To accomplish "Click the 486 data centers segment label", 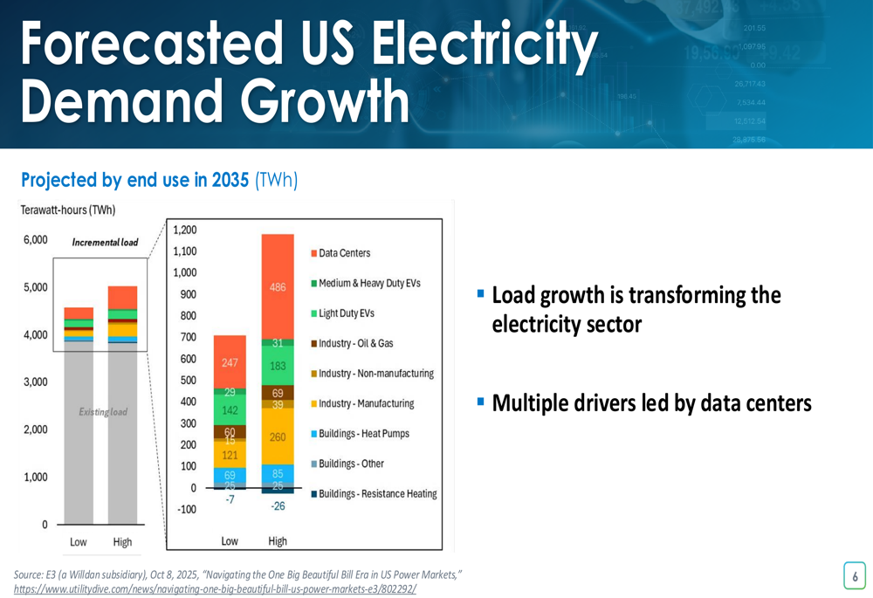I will click(x=277, y=287).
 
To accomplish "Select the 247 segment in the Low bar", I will click(x=230, y=362).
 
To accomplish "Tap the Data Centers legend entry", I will click(x=344, y=253).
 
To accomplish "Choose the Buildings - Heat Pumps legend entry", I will click(x=363, y=434).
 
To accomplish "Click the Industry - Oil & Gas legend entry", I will click(x=355, y=344).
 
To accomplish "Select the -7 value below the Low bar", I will click(x=230, y=499).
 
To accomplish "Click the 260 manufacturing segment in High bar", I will click(x=277, y=437).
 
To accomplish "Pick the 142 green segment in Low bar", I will click(x=230, y=410).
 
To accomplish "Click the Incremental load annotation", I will click(x=105, y=242).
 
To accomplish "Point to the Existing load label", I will click(x=103, y=412).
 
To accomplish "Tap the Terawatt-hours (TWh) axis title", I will click(x=68, y=210).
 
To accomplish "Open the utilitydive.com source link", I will click(x=215, y=589).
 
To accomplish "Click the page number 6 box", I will click(x=855, y=576).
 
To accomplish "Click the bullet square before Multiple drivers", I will click(x=481, y=402).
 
